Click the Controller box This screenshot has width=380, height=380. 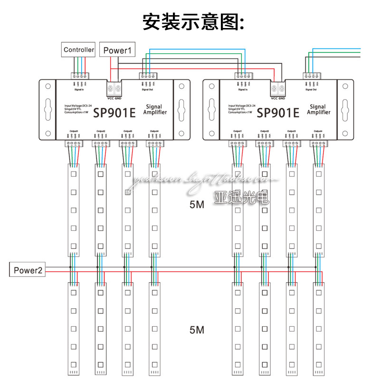pos(79,49)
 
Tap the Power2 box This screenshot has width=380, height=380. pos(28,270)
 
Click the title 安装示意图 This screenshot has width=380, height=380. pos(193,21)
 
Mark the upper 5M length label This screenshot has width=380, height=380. pos(197,205)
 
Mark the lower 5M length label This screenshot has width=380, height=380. pos(197,329)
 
